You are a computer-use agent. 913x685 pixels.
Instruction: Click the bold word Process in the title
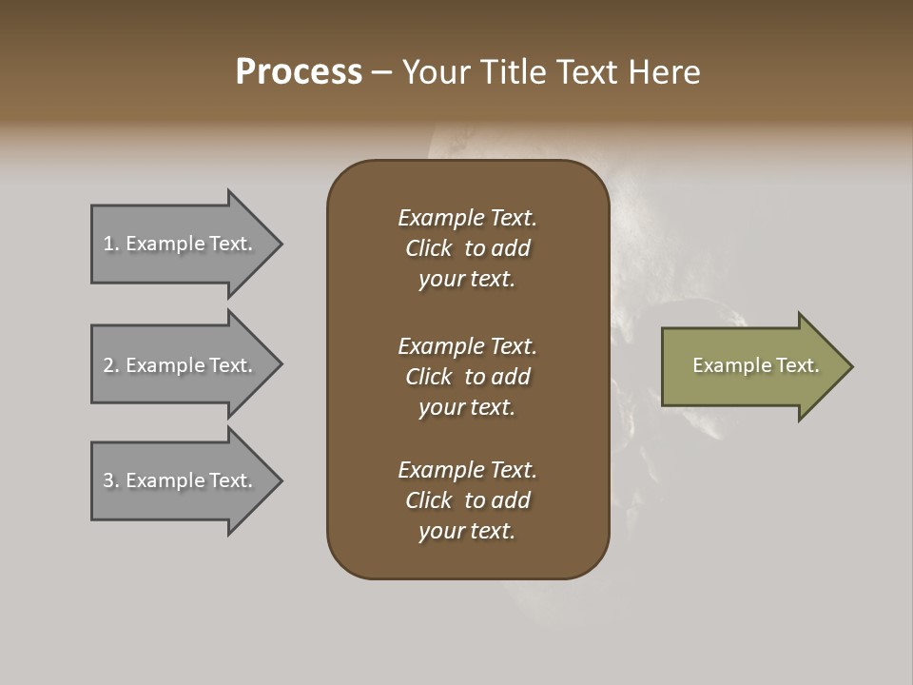click(299, 72)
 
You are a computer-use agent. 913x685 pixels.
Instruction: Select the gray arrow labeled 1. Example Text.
click(181, 245)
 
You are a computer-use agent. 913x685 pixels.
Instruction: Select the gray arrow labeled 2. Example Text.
click(181, 365)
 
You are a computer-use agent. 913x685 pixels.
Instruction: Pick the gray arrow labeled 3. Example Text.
click(181, 480)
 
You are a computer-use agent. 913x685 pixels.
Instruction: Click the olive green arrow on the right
click(751, 366)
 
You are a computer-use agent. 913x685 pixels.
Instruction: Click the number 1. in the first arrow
click(111, 245)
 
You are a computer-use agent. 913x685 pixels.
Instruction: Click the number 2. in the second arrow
click(111, 365)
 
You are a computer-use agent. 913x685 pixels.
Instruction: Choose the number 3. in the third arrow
click(111, 480)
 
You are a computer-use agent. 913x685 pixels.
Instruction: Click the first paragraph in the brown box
click(467, 248)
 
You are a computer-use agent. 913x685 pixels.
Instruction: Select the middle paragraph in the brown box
click(467, 376)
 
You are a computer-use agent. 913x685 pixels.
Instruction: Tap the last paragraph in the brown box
click(467, 500)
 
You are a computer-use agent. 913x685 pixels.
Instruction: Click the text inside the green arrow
click(756, 365)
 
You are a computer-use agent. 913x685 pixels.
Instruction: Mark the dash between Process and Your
click(382, 72)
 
